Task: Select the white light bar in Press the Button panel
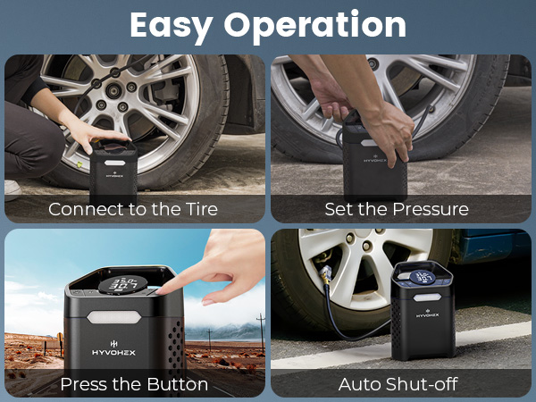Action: coord(115,319)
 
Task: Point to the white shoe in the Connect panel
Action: coord(12,188)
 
